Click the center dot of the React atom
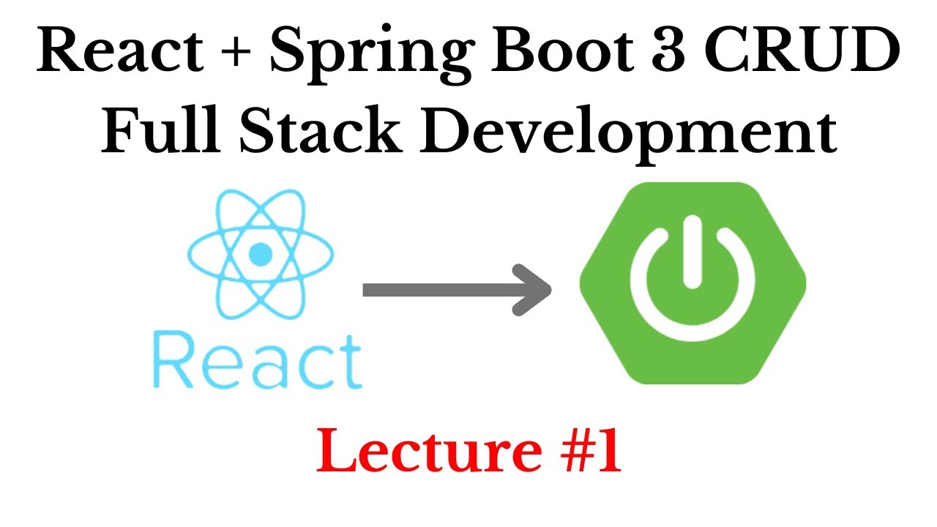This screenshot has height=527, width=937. tap(261, 255)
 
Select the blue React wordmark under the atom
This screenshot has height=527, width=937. tap(257, 361)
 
